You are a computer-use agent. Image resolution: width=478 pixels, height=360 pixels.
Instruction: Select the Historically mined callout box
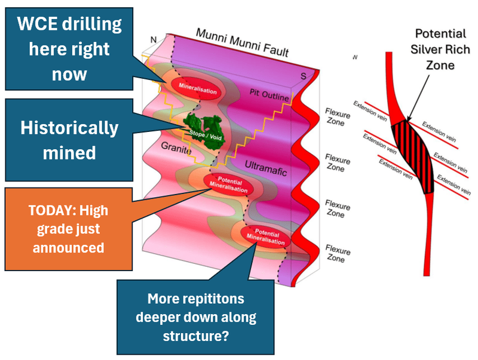pos(69,140)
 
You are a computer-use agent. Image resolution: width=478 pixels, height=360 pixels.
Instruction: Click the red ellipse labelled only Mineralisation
pos(198,88)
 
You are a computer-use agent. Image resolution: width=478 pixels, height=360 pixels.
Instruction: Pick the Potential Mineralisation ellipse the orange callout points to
pos(229,184)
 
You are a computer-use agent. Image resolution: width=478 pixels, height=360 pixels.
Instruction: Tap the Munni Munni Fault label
pos(242,42)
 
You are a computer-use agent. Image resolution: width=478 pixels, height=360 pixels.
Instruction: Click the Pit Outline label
pos(269,95)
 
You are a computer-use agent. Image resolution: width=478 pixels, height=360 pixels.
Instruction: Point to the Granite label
pos(176,148)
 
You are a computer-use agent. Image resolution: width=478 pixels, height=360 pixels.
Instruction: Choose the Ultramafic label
pos(266,168)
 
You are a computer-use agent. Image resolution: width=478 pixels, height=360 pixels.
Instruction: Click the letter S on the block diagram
pos(303,76)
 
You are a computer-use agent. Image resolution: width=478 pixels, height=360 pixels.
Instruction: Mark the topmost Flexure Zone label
pos(337,117)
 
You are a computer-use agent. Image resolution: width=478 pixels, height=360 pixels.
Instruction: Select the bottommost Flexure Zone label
pos(338,254)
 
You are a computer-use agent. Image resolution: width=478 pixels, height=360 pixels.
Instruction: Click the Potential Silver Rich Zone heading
pos(440,50)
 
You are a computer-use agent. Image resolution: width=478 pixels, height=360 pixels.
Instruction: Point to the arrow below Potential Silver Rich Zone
pos(418,98)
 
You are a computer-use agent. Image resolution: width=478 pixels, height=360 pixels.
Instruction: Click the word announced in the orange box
pos(69,248)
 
